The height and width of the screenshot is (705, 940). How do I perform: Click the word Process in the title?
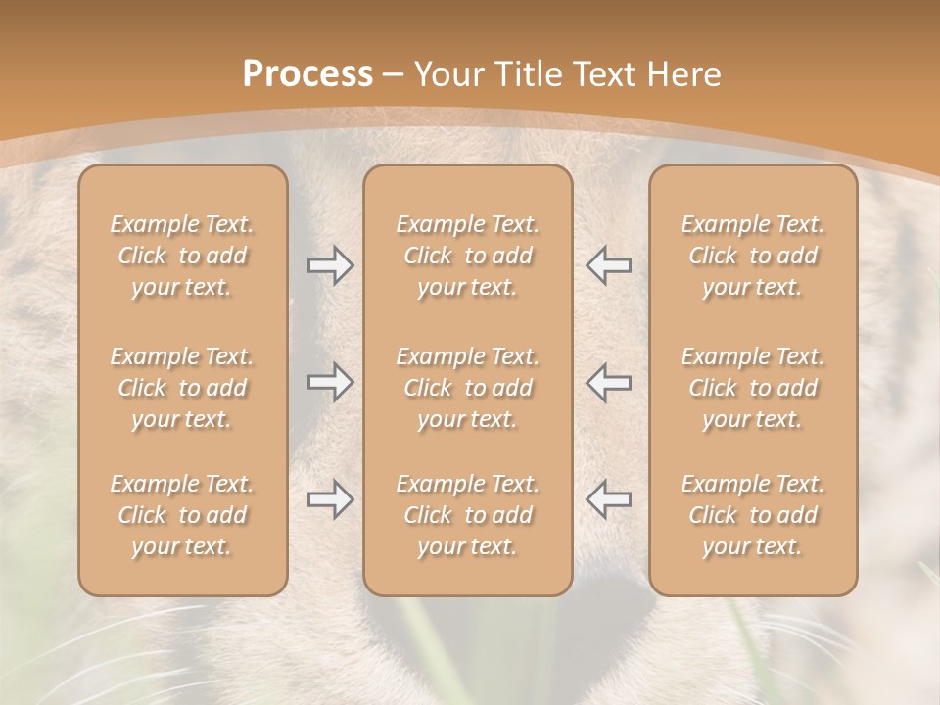pyautogui.click(x=307, y=74)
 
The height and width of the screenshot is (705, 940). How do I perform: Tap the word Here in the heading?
pyautogui.click(x=682, y=74)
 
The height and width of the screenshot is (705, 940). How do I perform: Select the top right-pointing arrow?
pyautogui.click(x=330, y=265)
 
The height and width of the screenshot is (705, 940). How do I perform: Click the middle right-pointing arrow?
pyautogui.click(x=330, y=382)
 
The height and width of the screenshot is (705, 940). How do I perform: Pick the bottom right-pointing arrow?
pyautogui.click(x=330, y=499)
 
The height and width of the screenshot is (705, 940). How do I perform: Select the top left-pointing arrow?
pyautogui.click(x=608, y=265)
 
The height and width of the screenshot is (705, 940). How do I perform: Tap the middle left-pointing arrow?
pyautogui.click(x=608, y=382)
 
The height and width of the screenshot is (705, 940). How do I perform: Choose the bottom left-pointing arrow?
pyautogui.click(x=608, y=499)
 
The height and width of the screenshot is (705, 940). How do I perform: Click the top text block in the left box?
pyautogui.click(x=182, y=256)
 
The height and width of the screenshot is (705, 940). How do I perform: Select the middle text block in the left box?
pyautogui.click(x=182, y=388)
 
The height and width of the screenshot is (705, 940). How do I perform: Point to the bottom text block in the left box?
pyautogui.click(x=182, y=515)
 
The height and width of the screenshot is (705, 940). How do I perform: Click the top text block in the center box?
pyautogui.click(x=467, y=256)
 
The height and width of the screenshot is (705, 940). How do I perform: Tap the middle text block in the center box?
pyautogui.click(x=467, y=388)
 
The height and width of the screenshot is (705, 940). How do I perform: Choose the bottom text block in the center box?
pyautogui.click(x=467, y=515)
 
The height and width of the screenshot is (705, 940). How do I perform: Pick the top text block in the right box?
pyautogui.click(x=752, y=256)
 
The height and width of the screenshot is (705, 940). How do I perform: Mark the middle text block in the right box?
pyautogui.click(x=752, y=388)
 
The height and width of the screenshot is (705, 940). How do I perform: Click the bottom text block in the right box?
pyautogui.click(x=752, y=515)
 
